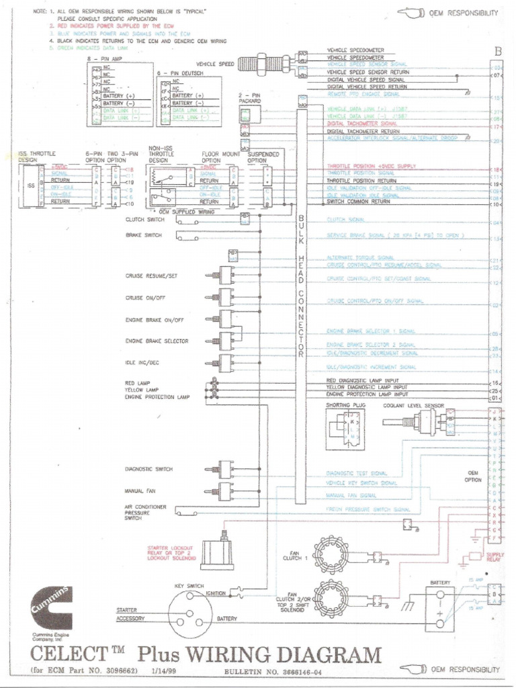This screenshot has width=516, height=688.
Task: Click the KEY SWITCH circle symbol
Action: click(x=189, y=612)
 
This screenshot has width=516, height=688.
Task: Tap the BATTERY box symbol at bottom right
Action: click(x=439, y=608)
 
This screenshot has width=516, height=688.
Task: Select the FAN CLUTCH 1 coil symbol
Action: click(x=331, y=555)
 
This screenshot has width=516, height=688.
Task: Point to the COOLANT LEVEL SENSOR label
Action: click(x=413, y=406)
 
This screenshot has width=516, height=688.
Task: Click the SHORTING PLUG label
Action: click(x=343, y=406)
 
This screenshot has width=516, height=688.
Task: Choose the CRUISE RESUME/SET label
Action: click(x=151, y=275)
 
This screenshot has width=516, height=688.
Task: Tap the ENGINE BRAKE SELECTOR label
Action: click(x=157, y=341)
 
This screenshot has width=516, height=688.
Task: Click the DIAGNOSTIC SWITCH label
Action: click(x=148, y=469)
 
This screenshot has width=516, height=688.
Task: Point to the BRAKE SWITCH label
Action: click(x=142, y=235)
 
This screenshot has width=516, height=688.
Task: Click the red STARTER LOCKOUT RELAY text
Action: click(x=171, y=553)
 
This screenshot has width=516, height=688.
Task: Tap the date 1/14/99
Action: click(x=168, y=670)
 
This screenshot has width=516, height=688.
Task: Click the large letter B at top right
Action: click(x=497, y=52)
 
